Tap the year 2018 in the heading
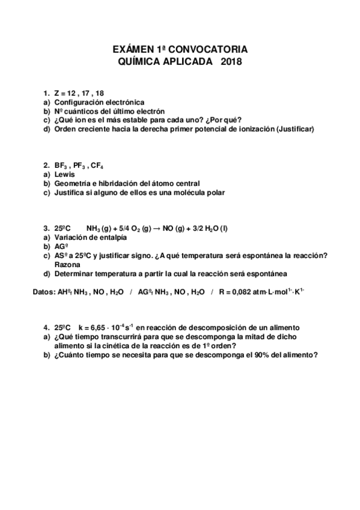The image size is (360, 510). pyautogui.click(x=231, y=61)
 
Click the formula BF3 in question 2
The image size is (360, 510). pyautogui.click(x=60, y=165)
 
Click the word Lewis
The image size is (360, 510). pyautogui.click(x=64, y=174)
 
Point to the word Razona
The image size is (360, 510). pyautogui.click(x=68, y=265)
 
